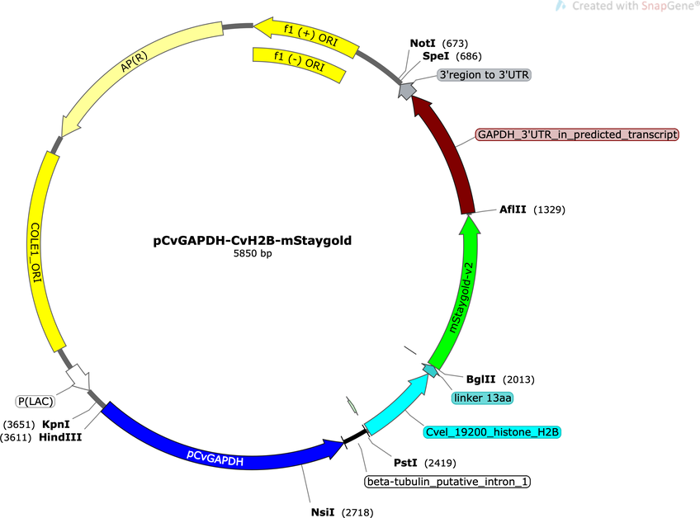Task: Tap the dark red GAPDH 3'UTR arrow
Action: coord(451,152)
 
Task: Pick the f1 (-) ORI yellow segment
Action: coord(298,64)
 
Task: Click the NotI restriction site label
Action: coord(423,43)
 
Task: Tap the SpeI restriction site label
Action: coord(436,56)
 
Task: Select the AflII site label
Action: coord(513,210)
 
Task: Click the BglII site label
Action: coord(480,379)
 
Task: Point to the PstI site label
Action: coord(405,463)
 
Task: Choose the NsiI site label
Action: coord(322,512)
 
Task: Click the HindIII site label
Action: coord(60,437)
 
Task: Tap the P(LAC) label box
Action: coord(35,401)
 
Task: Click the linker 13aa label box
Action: coord(482,398)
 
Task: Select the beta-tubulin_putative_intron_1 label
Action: coord(447,482)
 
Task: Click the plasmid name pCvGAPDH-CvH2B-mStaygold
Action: coord(253,241)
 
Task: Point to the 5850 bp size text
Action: coord(253,253)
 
